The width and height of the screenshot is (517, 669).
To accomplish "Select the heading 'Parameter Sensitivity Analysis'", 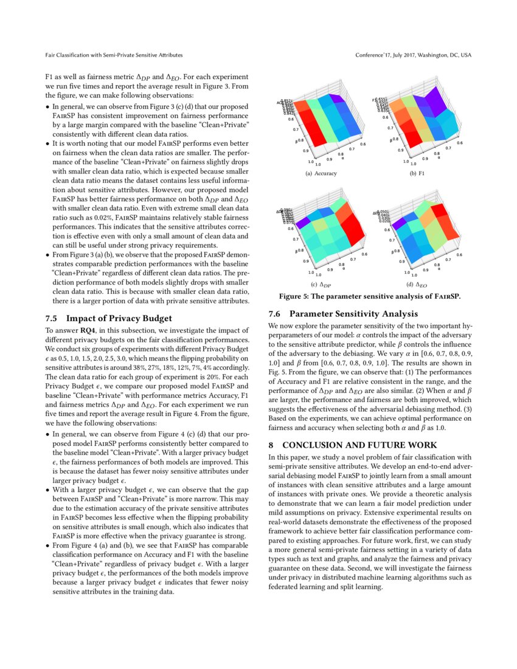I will pos(353,314).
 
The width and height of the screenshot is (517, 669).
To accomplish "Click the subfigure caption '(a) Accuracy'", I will pos(321,173).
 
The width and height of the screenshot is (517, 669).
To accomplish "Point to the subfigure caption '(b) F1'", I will pos(417,173).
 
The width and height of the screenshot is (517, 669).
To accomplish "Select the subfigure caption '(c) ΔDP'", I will pos(321,284).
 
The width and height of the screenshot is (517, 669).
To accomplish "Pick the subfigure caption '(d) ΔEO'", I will pos(417,284).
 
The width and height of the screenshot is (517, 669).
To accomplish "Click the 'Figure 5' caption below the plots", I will pos(369,297).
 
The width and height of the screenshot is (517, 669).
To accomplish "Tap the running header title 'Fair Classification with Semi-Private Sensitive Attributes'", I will pos(114,55).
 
